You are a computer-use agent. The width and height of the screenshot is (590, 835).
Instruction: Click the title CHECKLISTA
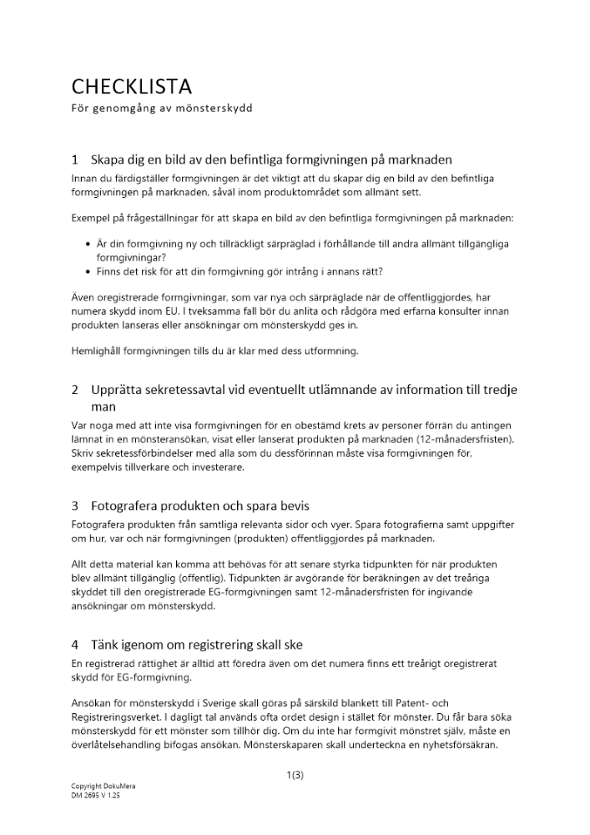(131, 87)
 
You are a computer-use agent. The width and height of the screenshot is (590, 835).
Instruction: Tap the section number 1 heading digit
(75, 159)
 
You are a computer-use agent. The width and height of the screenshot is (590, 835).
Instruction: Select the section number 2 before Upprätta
(75, 390)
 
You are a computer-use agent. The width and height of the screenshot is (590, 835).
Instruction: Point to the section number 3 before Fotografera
(75, 506)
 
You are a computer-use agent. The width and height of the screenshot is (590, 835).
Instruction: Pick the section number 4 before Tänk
(75, 645)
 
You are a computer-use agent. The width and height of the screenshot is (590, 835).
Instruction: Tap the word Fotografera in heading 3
(129, 506)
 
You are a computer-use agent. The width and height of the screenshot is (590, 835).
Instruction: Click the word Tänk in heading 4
(105, 645)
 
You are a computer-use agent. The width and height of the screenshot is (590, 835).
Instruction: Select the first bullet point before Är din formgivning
(88, 244)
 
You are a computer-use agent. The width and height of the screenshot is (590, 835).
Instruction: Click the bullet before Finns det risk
(88, 272)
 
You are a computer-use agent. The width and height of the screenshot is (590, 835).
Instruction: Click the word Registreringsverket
(119, 717)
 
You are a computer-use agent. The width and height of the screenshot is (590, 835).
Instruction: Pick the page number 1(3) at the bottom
(295, 775)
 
